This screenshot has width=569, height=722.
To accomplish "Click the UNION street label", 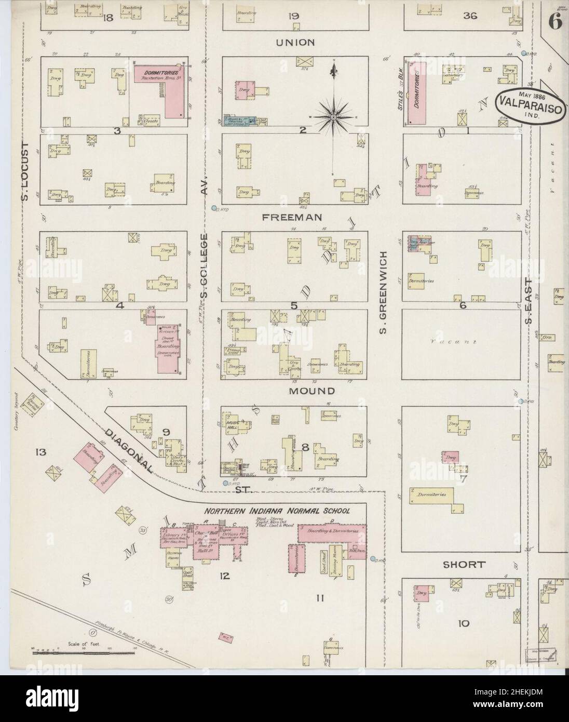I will (x=295, y=42).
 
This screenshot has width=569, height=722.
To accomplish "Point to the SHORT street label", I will (x=464, y=564).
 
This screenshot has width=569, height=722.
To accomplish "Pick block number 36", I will (x=470, y=16).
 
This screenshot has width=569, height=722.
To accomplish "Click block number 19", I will (x=294, y=16).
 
